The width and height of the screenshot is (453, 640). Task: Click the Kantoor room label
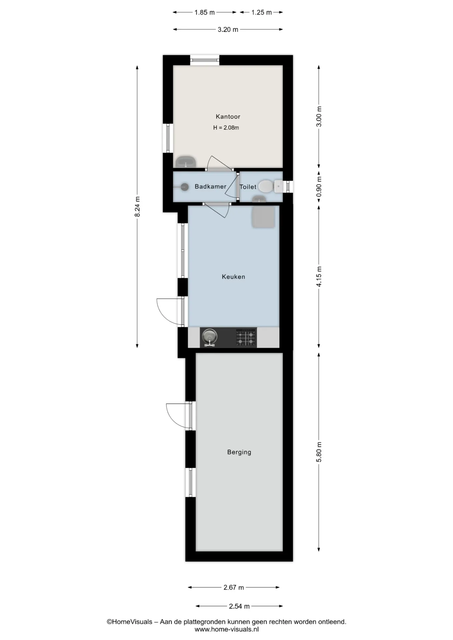228,117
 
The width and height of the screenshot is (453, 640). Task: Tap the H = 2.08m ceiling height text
226,128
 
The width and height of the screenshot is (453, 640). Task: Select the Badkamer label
210,187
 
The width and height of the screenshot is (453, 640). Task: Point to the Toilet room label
248,187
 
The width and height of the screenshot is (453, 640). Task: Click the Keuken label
234,277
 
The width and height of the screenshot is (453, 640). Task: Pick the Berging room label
239,452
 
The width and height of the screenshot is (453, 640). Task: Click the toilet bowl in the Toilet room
266,186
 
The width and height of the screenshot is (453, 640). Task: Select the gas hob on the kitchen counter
246,337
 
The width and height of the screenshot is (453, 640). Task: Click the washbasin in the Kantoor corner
186,162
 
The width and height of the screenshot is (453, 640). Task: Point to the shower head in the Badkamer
184,187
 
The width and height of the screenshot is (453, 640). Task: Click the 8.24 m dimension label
137,207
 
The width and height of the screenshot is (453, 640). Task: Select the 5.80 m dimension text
319,452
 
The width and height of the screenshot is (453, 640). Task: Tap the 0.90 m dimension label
319,187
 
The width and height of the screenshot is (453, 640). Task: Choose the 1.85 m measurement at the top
204,12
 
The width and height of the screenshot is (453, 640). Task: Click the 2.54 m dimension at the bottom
239,606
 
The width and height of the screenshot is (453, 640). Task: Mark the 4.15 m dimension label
319,277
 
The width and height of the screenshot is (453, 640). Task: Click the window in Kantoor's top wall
205,60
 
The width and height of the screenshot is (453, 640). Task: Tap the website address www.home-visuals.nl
227,630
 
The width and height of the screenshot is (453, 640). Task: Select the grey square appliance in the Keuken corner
264,217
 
